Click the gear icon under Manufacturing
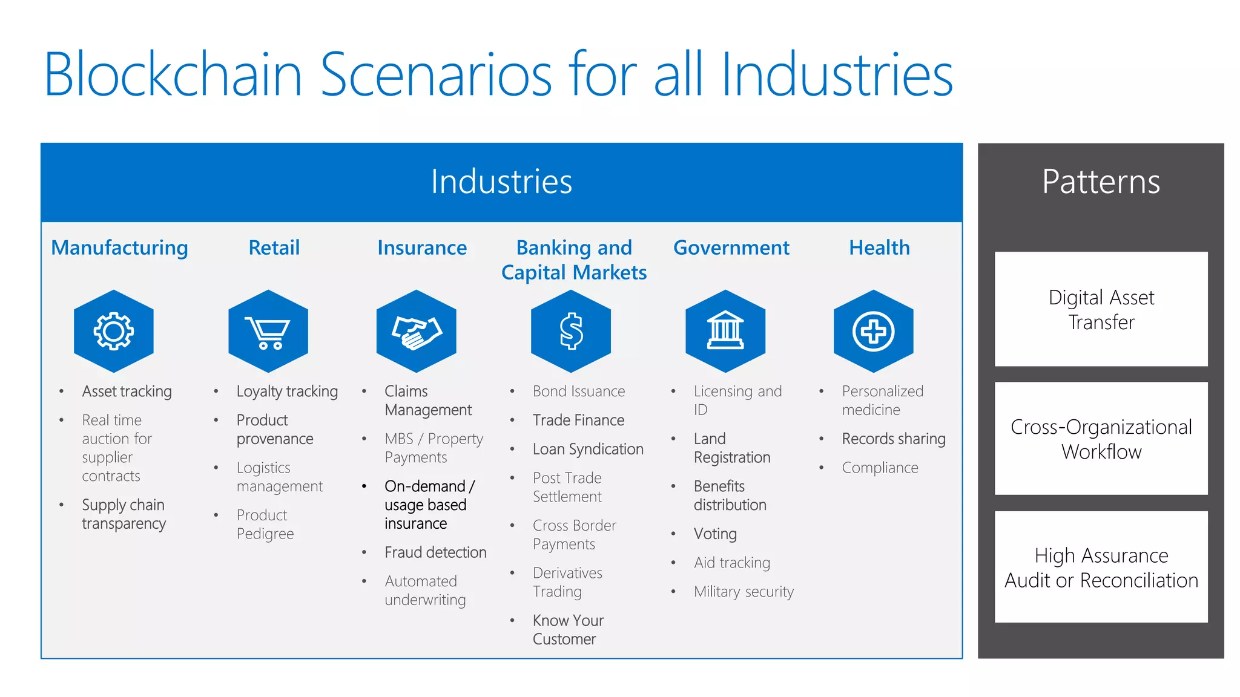click(113, 331)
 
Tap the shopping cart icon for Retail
click(268, 331)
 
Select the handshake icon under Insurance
click(416, 331)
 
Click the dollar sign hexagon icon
click(570, 331)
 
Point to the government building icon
click(725, 331)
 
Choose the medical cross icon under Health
click(873, 331)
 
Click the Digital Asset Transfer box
click(1101, 309)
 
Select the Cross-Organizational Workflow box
click(1101, 439)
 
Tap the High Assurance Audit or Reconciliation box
click(1101, 568)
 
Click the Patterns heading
click(1101, 182)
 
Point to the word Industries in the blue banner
click(501, 182)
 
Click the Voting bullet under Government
click(715, 534)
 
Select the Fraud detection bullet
click(435, 552)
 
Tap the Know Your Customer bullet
click(567, 630)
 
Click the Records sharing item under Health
click(893, 439)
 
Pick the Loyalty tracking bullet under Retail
click(287, 391)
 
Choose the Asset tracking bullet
click(127, 391)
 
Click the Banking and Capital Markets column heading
click(574, 260)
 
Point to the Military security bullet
click(744, 592)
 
